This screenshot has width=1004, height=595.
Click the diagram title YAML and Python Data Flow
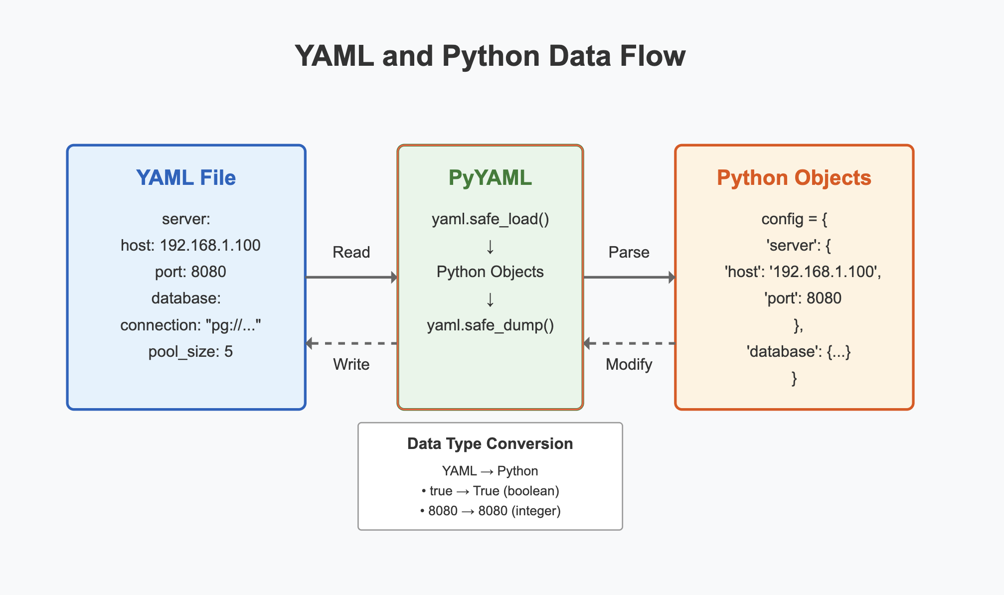[x=490, y=56]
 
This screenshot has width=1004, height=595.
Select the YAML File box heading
[x=186, y=178]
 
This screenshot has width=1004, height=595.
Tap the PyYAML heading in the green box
[x=490, y=178]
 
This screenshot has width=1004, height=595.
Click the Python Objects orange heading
[x=794, y=178]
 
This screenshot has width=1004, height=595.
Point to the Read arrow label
[x=351, y=252]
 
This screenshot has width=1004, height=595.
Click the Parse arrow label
[x=629, y=252]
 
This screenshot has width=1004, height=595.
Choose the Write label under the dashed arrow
[x=351, y=364]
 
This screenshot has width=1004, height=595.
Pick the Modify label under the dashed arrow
[x=629, y=364]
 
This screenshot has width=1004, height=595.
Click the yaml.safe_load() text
[x=490, y=219]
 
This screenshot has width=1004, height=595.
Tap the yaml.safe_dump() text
[x=490, y=325]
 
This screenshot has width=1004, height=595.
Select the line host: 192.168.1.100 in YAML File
[x=190, y=245]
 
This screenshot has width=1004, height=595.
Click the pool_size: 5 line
[x=190, y=352]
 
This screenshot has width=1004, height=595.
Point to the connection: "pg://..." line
[x=190, y=325]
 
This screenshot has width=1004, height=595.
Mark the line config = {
[x=794, y=219]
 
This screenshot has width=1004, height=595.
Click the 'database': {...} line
[x=798, y=352]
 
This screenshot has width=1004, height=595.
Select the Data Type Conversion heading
[x=490, y=444]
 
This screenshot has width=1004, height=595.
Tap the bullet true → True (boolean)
[x=490, y=491]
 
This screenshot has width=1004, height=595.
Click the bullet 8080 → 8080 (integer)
[x=490, y=511]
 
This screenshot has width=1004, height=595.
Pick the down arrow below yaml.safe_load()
[x=490, y=247]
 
